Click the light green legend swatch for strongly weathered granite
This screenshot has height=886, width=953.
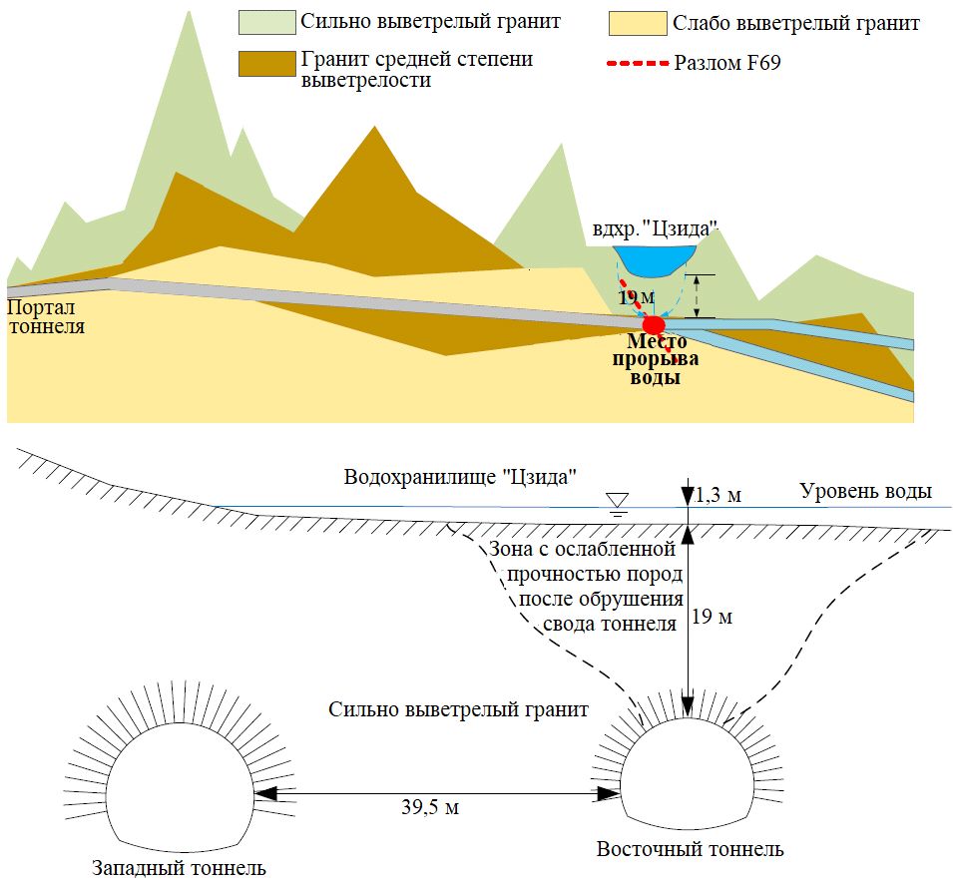pos(266,22)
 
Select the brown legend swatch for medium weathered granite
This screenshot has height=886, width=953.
pos(266,64)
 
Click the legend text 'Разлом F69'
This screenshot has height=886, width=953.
pos(727,65)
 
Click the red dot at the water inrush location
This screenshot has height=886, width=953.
pos(653,324)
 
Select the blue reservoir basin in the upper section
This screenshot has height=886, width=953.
pos(654,260)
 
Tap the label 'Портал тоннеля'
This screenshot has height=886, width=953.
pos(45,317)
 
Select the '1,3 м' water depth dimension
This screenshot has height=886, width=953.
pos(717,495)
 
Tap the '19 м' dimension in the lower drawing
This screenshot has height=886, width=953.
pos(712,618)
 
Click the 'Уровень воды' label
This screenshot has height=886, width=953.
pos(865,491)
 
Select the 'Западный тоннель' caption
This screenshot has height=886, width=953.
pos(179,867)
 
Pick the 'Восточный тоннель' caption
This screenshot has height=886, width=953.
pos(690,850)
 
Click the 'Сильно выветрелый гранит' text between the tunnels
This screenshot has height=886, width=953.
pos(458,710)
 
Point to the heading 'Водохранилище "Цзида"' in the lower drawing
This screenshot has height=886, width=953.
pos(461,476)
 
